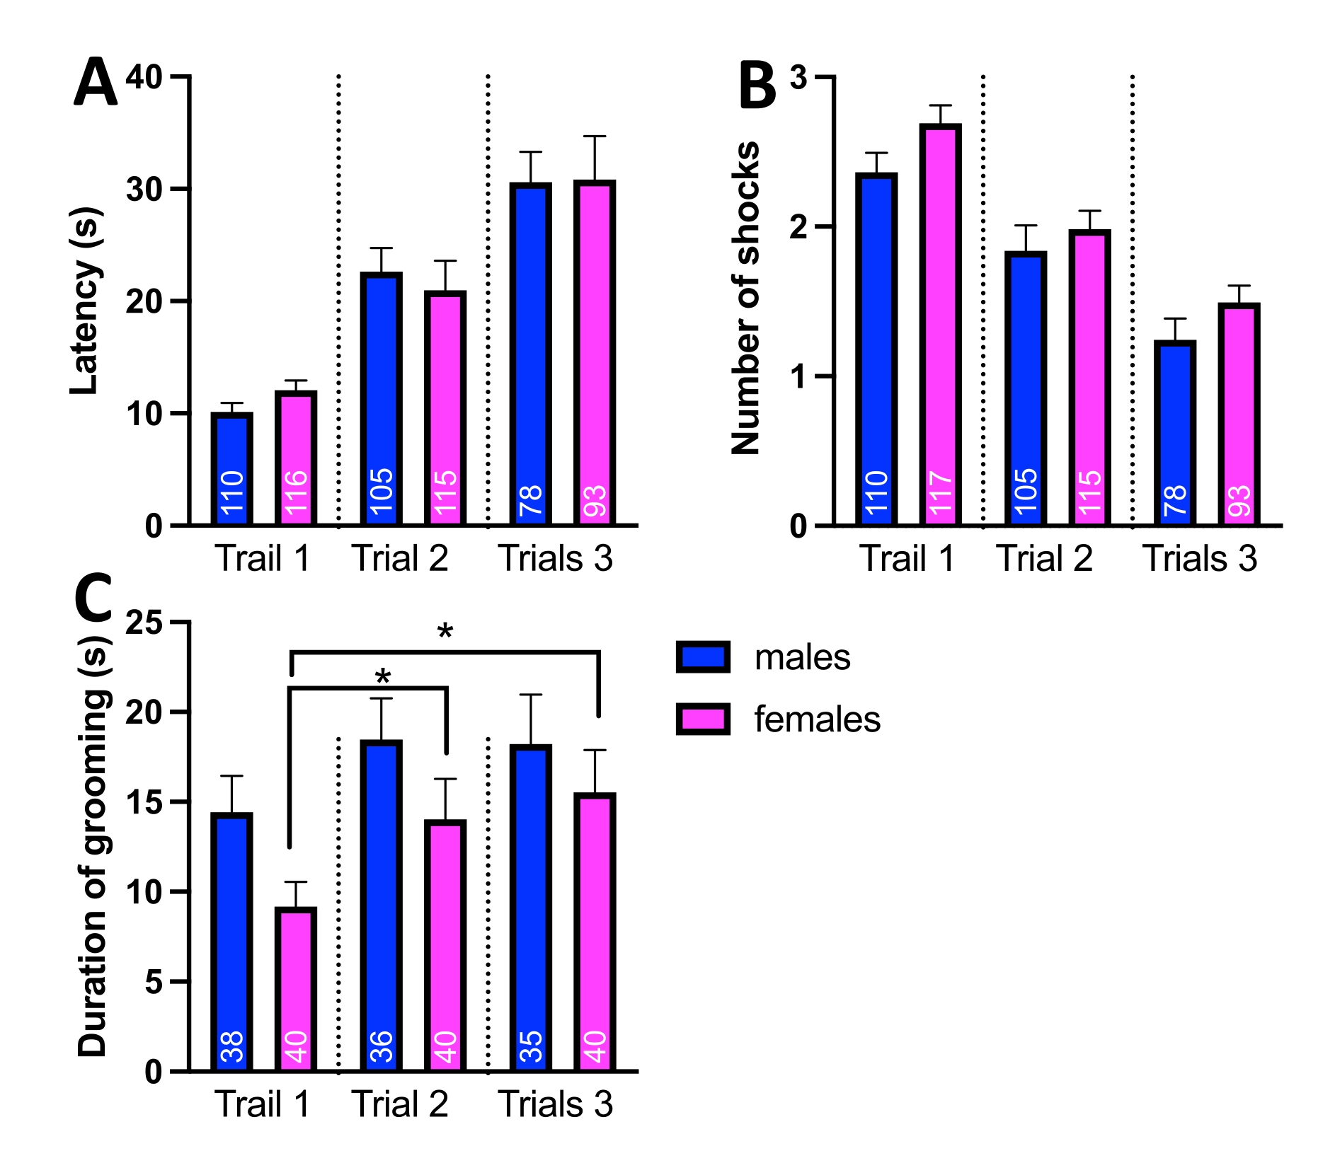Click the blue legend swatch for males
coord(703,656)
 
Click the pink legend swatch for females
coord(703,719)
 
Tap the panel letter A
coord(95,83)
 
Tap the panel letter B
coord(757,86)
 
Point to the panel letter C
coord(93,598)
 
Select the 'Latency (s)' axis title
coord(85,301)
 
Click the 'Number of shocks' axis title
coord(745,298)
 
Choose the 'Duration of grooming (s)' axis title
coord(92,846)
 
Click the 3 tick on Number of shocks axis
coord(798,76)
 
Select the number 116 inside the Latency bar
coord(296,492)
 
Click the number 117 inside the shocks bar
coord(940,493)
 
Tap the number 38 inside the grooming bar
coord(232,1047)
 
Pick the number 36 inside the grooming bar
coord(382,1047)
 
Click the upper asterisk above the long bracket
coord(445,632)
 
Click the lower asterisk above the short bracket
coord(383,678)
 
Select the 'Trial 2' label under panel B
coord(1044,559)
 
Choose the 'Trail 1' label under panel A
coord(263,559)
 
